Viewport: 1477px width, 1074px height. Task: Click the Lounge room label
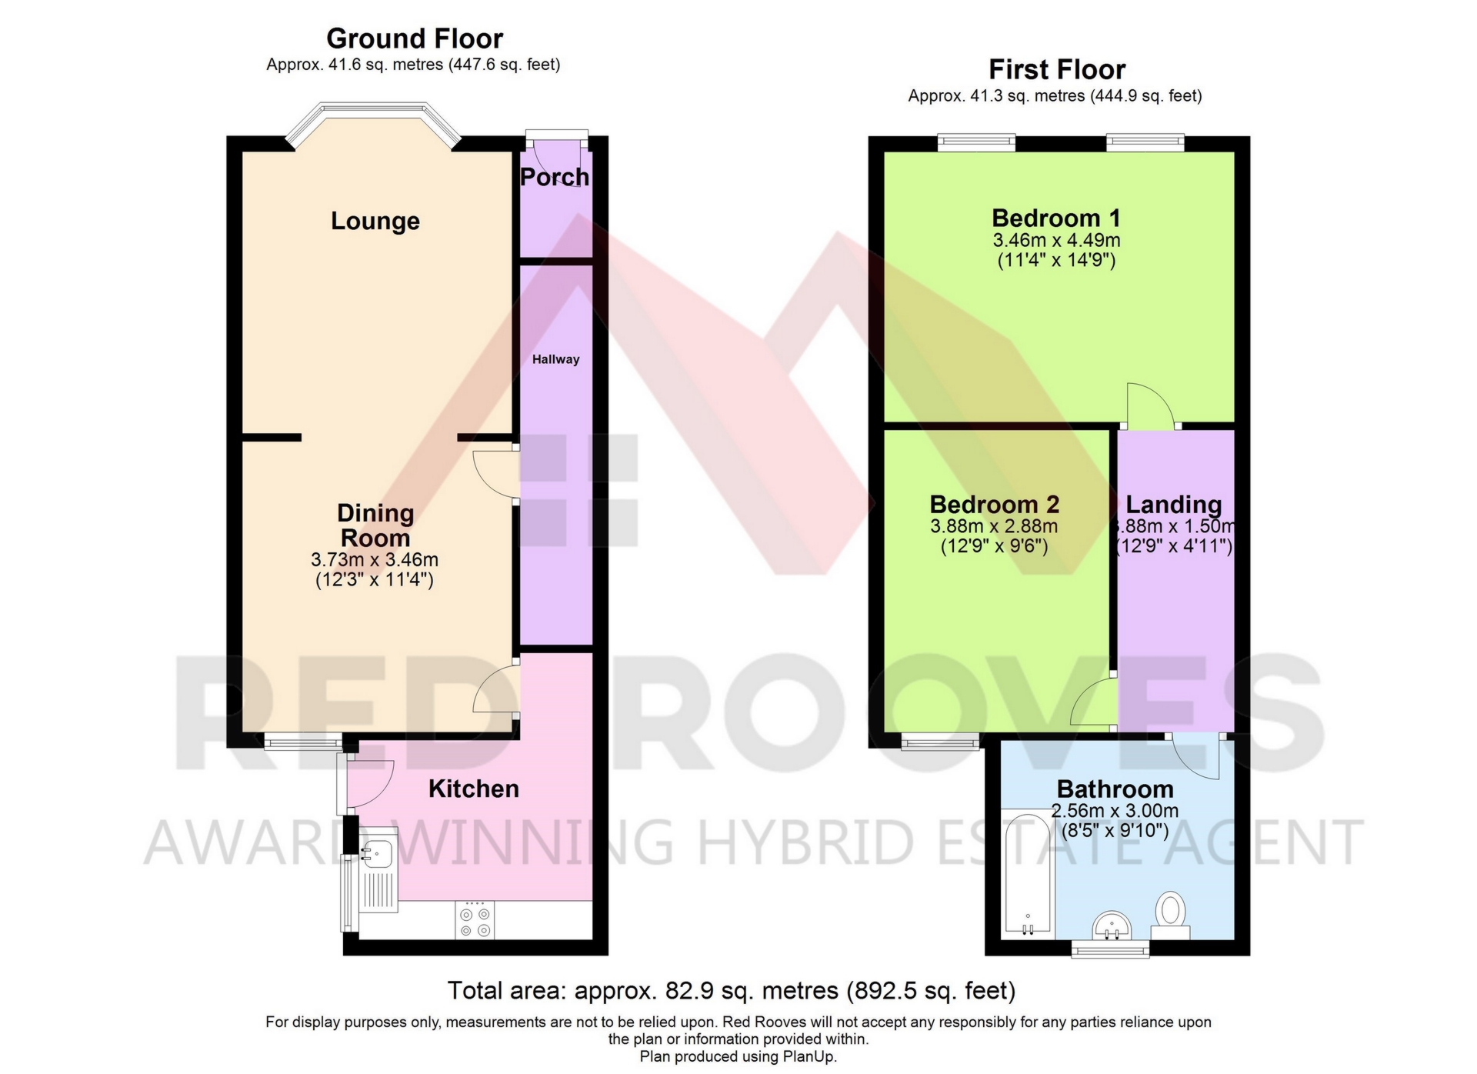[x=375, y=222]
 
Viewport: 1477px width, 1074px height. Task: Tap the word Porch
[x=555, y=177]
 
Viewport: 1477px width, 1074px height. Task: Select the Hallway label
[x=555, y=359]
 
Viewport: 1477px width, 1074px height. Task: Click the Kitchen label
[x=473, y=789]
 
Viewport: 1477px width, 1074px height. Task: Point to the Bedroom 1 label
[x=1055, y=218]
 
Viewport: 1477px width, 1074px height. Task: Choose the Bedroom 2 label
[x=994, y=505]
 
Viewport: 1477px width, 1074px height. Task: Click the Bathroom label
[x=1115, y=789]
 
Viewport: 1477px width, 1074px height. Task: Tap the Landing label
[x=1174, y=505]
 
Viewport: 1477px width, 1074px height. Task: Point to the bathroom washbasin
[x=1111, y=925]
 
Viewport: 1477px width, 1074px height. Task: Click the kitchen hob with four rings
[x=475, y=920]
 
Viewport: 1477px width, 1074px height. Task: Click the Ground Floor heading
[x=415, y=38]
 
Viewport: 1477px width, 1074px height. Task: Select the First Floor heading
[x=1057, y=70]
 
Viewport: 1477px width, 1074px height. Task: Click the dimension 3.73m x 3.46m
[x=375, y=560]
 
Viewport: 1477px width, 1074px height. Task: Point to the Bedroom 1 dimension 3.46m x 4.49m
[x=1056, y=240]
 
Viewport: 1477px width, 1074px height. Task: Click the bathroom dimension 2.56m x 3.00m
[x=1115, y=811]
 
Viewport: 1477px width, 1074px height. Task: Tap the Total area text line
[x=732, y=991]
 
